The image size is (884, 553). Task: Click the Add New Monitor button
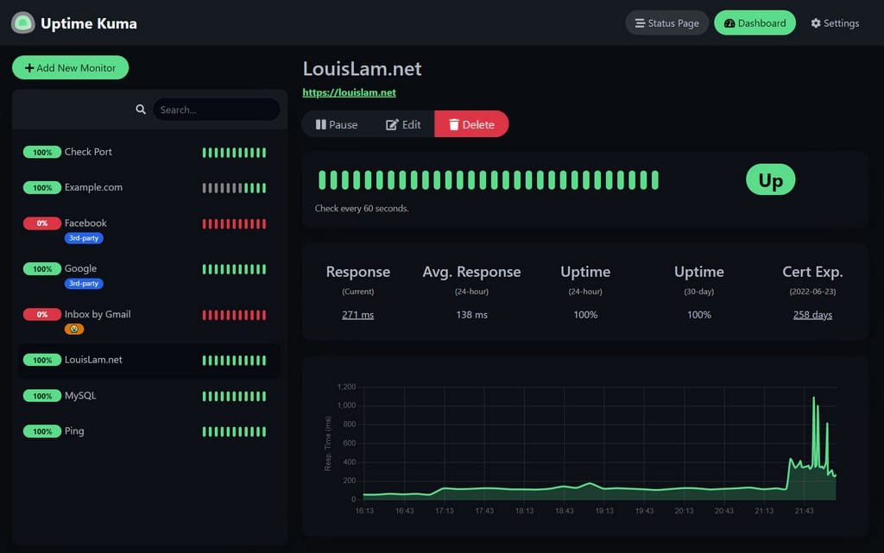[70, 68]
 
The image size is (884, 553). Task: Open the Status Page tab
[666, 23]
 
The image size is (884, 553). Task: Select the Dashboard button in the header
[755, 23]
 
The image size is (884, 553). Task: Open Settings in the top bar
[835, 23]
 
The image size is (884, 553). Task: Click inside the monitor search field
[216, 110]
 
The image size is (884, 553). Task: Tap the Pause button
[337, 124]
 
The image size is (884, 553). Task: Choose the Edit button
[403, 124]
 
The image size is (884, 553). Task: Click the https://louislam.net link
[349, 92]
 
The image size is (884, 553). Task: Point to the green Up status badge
[770, 179]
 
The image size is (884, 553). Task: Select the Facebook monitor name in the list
[85, 223]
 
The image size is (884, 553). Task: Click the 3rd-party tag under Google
[84, 283]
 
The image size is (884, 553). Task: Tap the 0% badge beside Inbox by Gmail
[42, 315]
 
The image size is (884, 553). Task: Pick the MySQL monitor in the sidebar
[80, 396]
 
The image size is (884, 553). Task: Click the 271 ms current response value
[357, 315]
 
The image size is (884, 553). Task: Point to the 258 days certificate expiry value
[812, 315]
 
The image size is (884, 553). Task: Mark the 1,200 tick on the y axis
[345, 386]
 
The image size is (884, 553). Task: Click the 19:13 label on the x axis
[604, 511]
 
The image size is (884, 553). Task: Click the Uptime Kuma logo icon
[22, 23]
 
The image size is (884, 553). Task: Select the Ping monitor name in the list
[74, 431]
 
